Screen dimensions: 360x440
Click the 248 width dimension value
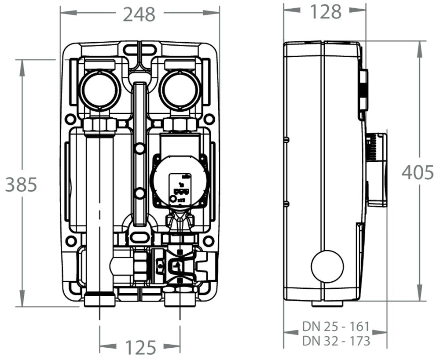point(139,14)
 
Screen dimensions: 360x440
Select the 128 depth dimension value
point(326,12)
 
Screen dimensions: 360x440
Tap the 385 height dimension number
point(21,185)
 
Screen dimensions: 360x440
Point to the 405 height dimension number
point(417,173)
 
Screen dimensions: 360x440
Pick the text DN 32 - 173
point(335,341)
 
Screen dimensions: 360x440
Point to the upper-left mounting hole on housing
point(70,119)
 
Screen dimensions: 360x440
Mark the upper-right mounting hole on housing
point(209,119)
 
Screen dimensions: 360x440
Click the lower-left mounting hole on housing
point(70,241)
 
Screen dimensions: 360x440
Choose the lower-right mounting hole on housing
point(209,241)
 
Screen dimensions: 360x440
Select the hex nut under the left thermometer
point(100,124)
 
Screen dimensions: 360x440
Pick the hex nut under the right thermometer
point(180,125)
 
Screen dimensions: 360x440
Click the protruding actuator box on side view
point(377,169)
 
